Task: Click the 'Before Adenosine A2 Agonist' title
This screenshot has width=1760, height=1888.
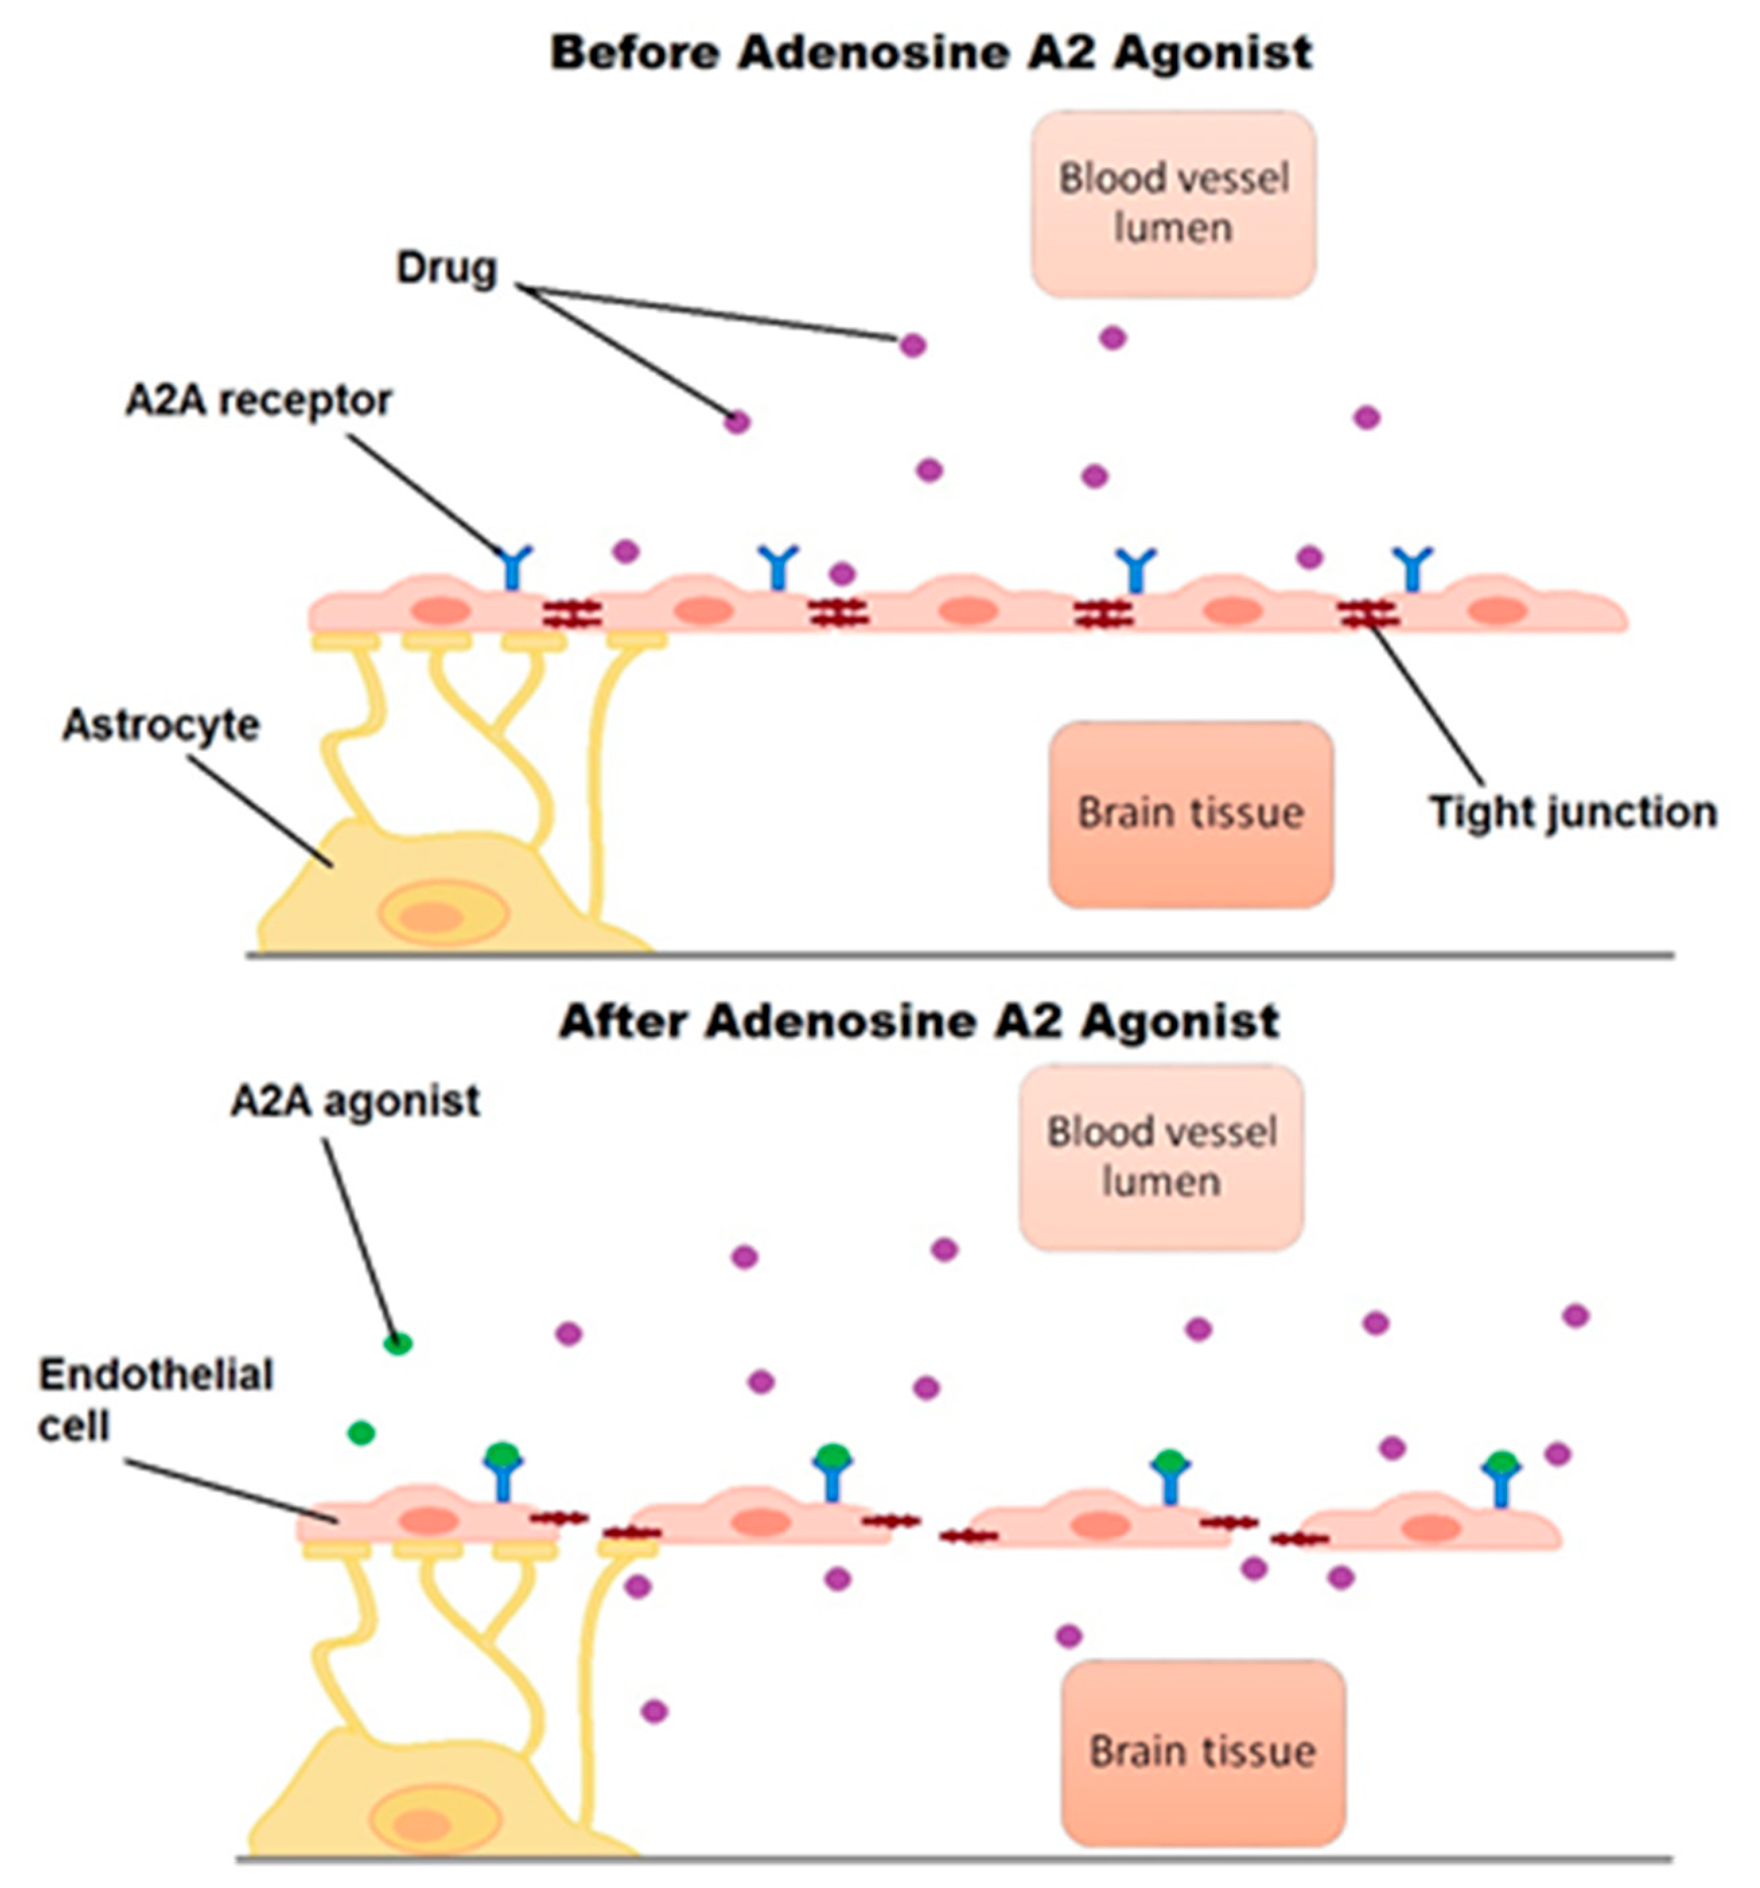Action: (931, 53)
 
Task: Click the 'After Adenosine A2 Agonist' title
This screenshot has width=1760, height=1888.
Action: (919, 1021)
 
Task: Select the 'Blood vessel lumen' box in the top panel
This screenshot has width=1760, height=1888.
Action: (1173, 203)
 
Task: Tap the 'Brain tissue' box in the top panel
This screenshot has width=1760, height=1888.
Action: (1190, 814)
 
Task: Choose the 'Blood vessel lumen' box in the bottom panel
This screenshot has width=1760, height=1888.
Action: (1161, 1157)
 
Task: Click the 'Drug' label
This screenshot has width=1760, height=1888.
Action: (446, 268)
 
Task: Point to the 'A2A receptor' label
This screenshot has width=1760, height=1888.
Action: (258, 400)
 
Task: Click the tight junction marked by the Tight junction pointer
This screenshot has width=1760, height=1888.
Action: (1368, 615)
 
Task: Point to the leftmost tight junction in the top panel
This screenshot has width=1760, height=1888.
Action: (572, 615)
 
